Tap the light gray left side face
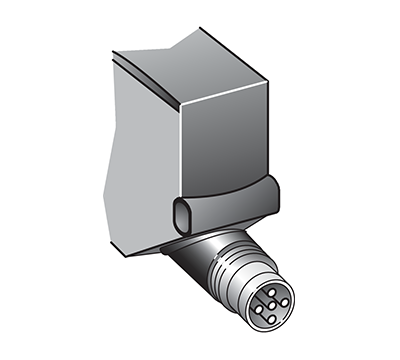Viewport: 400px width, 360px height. pos(140,150)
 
